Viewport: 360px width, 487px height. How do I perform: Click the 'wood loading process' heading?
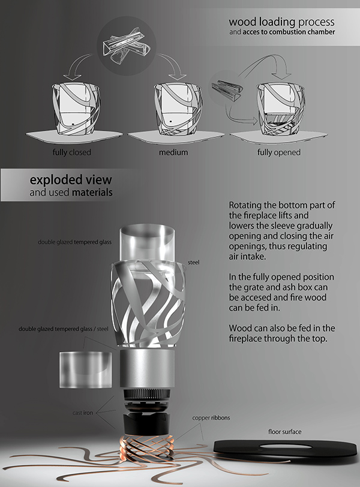(282, 22)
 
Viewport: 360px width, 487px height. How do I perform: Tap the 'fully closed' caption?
(72, 152)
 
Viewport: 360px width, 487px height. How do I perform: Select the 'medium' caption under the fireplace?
(173, 152)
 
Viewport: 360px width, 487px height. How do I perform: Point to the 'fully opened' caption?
(278, 152)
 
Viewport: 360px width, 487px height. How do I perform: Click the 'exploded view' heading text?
(71, 180)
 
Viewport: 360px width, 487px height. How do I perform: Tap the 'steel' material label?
(194, 263)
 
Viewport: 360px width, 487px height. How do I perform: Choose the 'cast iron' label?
(83, 413)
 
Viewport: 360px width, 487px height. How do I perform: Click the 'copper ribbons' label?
(211, 418)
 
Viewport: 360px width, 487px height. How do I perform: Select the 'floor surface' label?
(284, 432)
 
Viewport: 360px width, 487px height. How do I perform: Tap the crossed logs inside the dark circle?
(126, 45)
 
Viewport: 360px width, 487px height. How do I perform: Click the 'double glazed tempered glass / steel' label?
(64, 329)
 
